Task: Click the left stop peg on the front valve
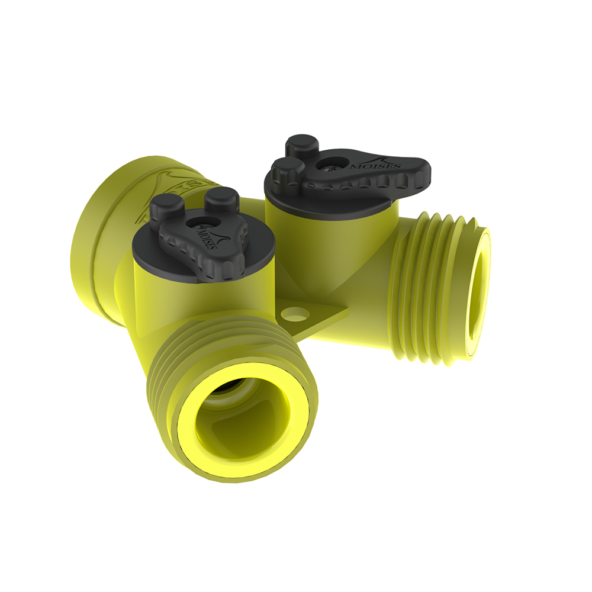pyautogui.click(x=162, y=207)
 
